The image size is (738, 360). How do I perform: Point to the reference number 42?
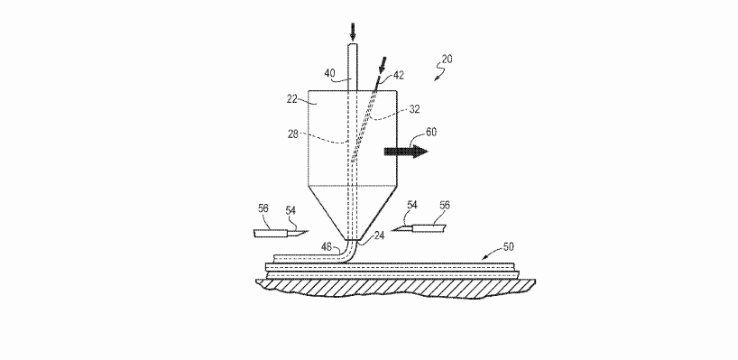tap(400, 78)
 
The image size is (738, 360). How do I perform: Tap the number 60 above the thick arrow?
tap(431, 133)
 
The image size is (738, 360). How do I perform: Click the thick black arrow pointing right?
tap(405, 151)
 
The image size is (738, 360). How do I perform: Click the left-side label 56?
tap(263, 209)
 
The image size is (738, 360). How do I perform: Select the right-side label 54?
tap(412, 206)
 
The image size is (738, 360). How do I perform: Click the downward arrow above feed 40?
tap(353, 32)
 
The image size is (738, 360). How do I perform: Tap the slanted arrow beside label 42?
tap(383, 66)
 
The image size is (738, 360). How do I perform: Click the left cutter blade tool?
tap(281, 233)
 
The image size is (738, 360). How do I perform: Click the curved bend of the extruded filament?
tap(347, 249)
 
